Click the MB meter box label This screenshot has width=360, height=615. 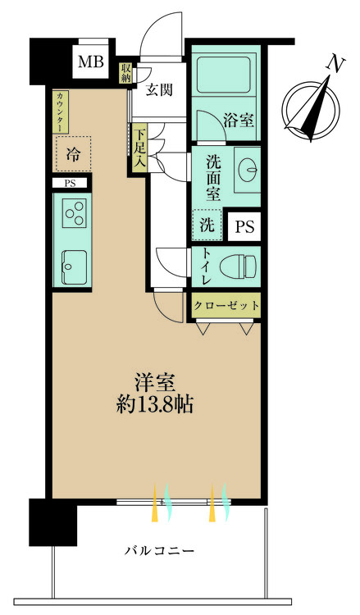click(91, 61)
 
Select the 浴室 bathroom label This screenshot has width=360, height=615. click(239, 120)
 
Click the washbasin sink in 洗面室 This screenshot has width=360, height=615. click(246, 168)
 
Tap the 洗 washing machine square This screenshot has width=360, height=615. click(204, 222)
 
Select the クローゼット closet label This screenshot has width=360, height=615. click(227, 305)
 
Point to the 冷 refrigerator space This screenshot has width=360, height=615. click(73, 153)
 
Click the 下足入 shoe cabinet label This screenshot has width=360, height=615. click(140, 148)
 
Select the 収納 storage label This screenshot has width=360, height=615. click(125, 74)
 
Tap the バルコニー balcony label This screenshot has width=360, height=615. click(160, 550)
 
